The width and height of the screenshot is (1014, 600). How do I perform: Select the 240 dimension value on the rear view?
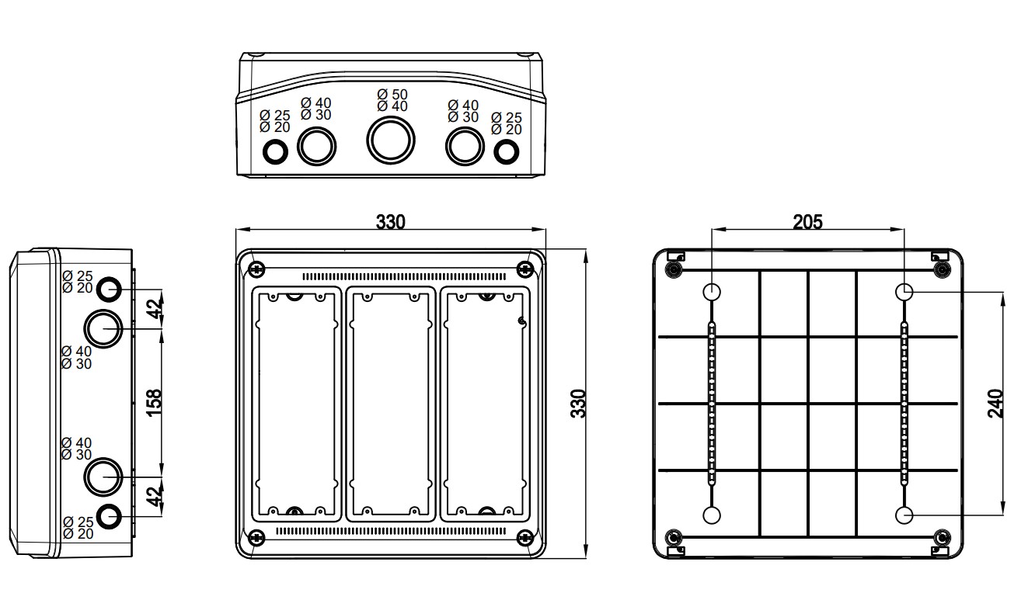pos(996,404)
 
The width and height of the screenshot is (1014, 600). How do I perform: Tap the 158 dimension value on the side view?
pos(154,402)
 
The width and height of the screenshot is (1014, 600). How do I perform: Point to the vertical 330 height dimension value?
pos(579,404)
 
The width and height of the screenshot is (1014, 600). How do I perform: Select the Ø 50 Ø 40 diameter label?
pos(392,100)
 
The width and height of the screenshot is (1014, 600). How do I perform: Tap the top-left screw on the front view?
pos(256,269)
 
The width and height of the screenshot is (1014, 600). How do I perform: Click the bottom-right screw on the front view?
pos(524,536)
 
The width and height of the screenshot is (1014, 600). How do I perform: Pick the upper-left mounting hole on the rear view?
pos(712,292)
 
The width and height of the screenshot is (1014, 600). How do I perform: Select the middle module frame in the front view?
pos(390,403)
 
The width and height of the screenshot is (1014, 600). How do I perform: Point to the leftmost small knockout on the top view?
pos(274,152)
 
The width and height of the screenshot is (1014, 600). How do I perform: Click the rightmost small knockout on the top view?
pos(506,151)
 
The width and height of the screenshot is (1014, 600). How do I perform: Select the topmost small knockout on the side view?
pos(109,290)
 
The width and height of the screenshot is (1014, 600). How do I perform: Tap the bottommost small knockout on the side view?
pos(109,514)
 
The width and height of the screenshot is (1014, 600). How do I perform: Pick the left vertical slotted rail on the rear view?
pos(712,403)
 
